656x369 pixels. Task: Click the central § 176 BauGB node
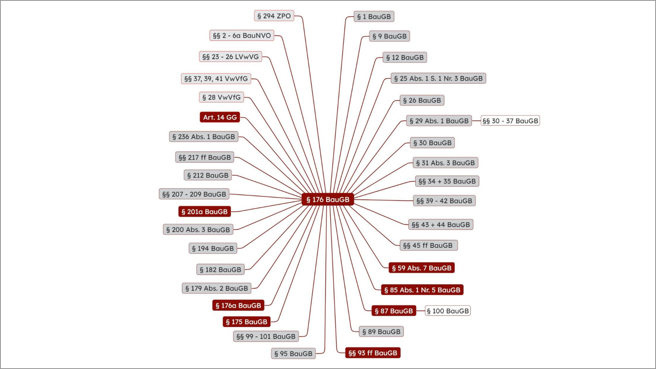pyautogui.click(x=328, y=199)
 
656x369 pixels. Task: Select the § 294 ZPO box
pyautogui.click(x=274, y=16)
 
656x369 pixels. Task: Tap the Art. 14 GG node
pyautogui.click(x=220, y=117)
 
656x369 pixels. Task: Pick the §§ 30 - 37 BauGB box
pyautogui.click(x=510, y=121)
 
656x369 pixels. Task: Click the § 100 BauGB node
pyautogui.click(x=448, y=311)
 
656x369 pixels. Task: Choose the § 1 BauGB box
pyautogui.click(x=374, y=17)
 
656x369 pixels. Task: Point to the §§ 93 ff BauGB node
pyautogui.click(x=373, y=353)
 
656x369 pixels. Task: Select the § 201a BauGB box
pyautogui.click(x=205, y=212)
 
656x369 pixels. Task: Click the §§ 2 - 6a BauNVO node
pyautogui.click(x=242, y=35)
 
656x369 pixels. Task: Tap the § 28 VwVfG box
pyautogui.click(x=221, y=97)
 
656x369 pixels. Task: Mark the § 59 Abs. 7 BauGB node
pyautogui.click(x=422, y=268)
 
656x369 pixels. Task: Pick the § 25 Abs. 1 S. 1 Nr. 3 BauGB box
pyautogui.click(x=438, y=78)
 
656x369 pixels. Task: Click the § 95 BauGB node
pyautogui.click(x=294, y=353)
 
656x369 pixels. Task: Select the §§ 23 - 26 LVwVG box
pyautogui.click(x=230, y=57)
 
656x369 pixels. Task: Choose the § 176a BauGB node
pyautogui.click(x=238, y=305)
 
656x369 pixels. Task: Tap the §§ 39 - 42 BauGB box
pyautogui.click(x=444, y=200)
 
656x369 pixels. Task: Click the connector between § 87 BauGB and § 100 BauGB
pyautogui.click(x=421, y=311)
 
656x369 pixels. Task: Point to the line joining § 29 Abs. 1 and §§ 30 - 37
pyautogui.click(x=476, y=121)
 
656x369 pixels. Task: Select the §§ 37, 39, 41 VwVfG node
pyautogui.click(x=216, y=78)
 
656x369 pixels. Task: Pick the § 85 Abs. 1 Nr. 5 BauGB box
pyautogui.click(x=422, y=289)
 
